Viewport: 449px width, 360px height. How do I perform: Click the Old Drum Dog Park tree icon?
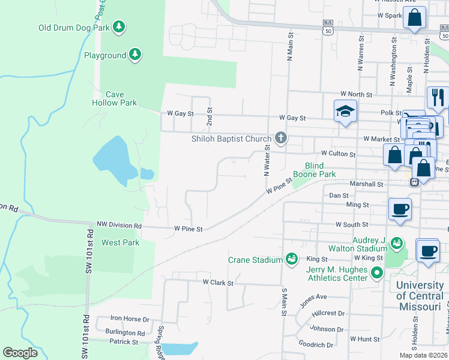(119, 26)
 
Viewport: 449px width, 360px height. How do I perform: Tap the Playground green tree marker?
(135, 55)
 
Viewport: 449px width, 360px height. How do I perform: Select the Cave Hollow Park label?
(114, 98)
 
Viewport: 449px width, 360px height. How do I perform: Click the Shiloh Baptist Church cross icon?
(280, 139)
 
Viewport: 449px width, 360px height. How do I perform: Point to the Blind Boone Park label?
(314, 170)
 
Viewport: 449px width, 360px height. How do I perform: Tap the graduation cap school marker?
(345, 111)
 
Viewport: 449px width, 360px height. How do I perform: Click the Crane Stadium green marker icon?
(292, 259)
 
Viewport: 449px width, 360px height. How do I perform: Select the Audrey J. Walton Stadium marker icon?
(396, 243)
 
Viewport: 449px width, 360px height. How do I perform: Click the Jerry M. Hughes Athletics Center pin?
(377, 273)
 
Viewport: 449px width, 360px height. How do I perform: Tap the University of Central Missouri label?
(420, 296)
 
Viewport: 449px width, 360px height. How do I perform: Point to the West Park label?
(120, 242)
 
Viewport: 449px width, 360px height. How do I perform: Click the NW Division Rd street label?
(119, 226)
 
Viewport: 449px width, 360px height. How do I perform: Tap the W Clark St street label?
(217, 281)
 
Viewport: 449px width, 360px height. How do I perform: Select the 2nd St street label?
(209, 118)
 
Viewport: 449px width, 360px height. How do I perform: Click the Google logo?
(20, 353)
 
